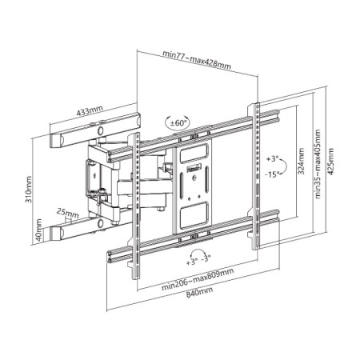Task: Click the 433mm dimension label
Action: [90, 111]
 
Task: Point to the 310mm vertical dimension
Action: [29, 190]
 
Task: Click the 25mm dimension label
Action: [67, 214]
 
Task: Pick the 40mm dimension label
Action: [39, 230]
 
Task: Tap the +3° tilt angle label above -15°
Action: [272, 159]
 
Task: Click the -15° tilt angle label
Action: [273, 174]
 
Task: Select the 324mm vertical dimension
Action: [301, 162]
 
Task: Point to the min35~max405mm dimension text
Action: [318, 164]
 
